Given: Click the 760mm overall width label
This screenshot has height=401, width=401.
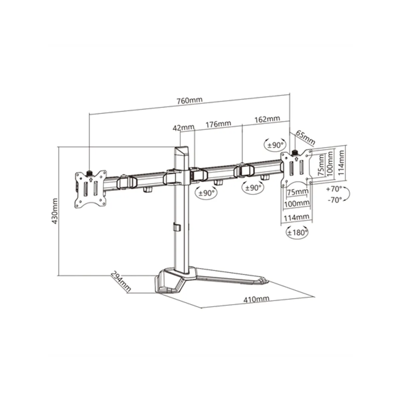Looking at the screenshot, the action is coord(189,100).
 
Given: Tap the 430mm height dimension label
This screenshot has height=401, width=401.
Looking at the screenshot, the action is coord(54,211).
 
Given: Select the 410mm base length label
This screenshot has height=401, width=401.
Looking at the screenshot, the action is coord(256,299).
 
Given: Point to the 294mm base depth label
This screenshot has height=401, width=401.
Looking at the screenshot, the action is coord(121,281).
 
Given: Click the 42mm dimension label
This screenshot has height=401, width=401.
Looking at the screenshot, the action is coord(183,128).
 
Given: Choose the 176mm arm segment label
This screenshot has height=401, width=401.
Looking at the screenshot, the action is coord(218,124).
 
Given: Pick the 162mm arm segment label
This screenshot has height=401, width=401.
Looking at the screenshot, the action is coord(267,119).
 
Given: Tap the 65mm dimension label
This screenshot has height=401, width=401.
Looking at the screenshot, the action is coord(305,138).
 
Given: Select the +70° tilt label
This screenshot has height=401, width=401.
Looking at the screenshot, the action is coord(334,189).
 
